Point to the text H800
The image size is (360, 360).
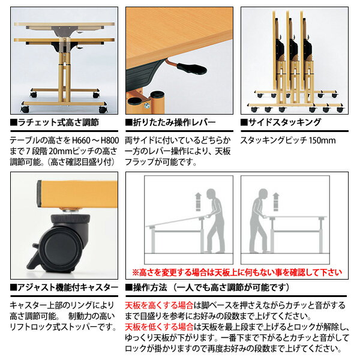click(110, 140)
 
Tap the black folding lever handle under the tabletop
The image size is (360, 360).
click(191, 68)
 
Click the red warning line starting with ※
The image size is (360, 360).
click(237, 272)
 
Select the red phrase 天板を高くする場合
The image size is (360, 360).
click(159, 305)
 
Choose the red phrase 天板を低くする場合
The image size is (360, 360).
click(159, 327)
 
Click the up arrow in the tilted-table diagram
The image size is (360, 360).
click(198, 202)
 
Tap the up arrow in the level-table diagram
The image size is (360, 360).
click(276, 202)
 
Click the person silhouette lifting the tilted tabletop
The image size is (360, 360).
click(214, 221)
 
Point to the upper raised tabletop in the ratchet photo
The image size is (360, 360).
click(64, 25)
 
